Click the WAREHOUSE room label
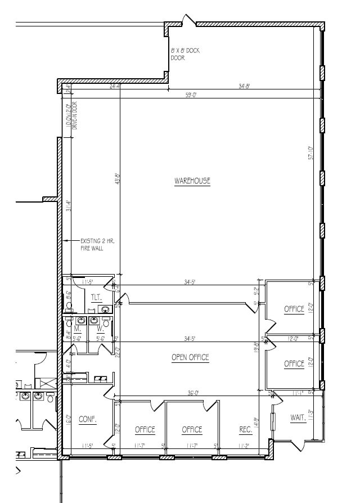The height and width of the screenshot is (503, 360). (192, 181)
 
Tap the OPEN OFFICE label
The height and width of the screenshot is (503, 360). (190, 357)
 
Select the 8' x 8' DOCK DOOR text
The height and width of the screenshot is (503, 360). (185, 54)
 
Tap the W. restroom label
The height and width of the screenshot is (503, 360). (101, 328)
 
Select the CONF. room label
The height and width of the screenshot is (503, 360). (87, 419)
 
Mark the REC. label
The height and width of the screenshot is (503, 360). (246, 429)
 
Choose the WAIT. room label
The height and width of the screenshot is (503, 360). (298, 418)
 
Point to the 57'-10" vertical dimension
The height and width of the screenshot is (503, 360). (310, 154)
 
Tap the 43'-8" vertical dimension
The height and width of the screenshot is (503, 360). (118, 178)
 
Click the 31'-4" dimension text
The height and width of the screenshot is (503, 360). (68, 206)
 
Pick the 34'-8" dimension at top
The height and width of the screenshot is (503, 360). (244, 86)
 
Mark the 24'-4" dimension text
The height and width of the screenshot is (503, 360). (115, 86)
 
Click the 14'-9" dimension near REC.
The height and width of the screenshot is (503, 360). (256, 423)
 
